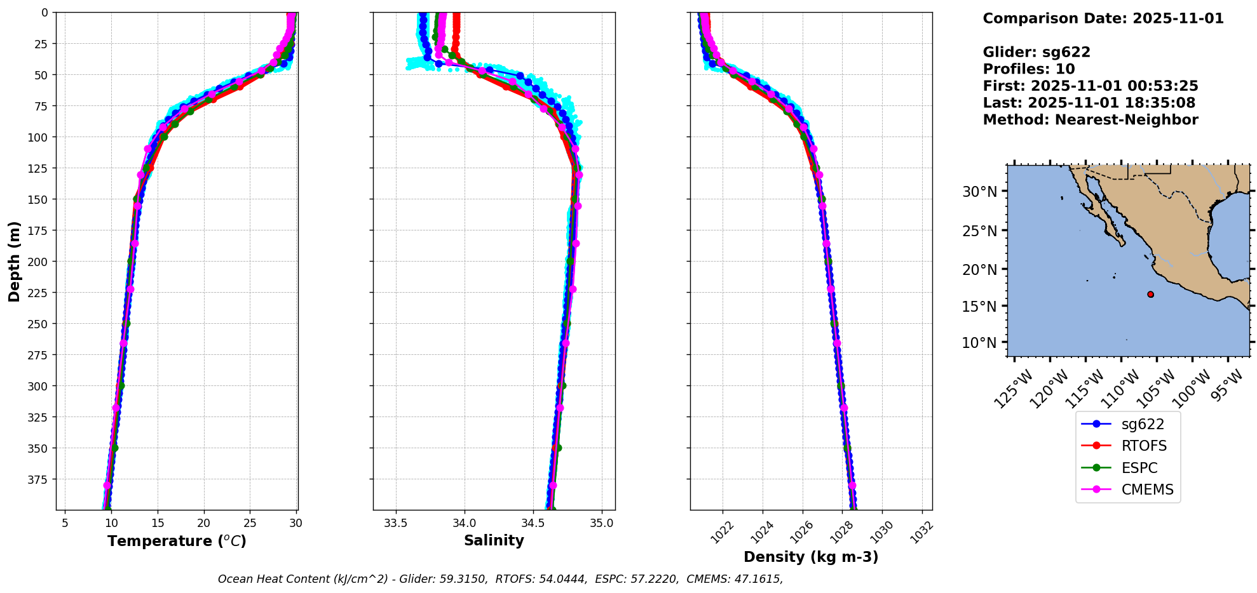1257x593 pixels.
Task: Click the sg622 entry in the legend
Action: coord(1143,425)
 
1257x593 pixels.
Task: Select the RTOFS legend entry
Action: coord(1144,446)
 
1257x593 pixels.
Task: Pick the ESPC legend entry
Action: coord(1139,469)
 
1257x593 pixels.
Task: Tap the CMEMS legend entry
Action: coord(1147,490)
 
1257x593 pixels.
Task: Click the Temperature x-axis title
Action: coord(177,542)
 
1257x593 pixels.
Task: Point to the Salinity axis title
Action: coord(494,541)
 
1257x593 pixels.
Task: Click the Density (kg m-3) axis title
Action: coord(811,557)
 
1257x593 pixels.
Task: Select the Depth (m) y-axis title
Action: coord(15,262)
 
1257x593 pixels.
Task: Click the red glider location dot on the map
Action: coord(1150,295)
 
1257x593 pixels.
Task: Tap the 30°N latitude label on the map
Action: coord(979,192)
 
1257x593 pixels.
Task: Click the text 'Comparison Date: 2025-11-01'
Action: coord(1103,19)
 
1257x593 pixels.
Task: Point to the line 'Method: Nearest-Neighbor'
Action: coord(1090,120)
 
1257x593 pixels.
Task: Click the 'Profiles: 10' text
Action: coord(1028,69)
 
